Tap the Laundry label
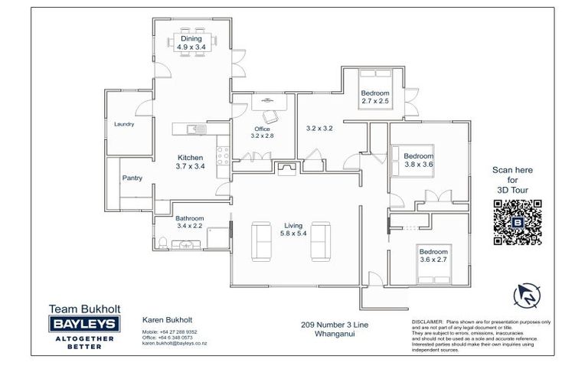tap(124, 124)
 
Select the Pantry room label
tap(132, 178)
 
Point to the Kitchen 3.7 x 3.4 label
tap(190, 162)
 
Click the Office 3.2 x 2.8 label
tap(262, 132)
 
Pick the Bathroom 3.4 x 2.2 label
tap(189, 222)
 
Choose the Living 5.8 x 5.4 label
tap(293, 229)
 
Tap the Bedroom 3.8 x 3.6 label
tap(418, 160)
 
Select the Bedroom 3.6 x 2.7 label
tap(433, 255)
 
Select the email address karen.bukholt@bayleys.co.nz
tap(173, 344)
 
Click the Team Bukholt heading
tap(80, 309)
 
